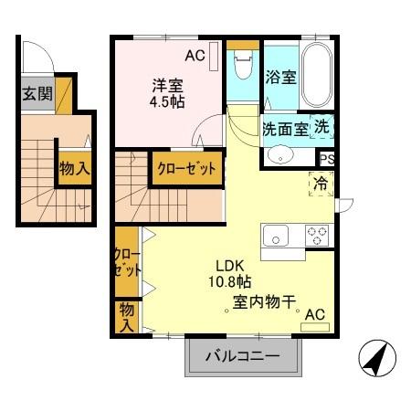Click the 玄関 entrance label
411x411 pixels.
click(37, 94)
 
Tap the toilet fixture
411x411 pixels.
click(243, 66)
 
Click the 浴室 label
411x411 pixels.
click(280, 78)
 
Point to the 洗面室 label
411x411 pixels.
click(285, 129)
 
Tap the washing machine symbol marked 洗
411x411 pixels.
click(323, 127)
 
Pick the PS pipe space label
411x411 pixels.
click(327, 158)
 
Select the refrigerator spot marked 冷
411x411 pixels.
click(322, 183)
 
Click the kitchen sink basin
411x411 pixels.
click(278, 237)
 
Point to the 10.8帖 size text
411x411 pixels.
click(229, 282)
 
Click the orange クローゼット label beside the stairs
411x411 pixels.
click(186, 169)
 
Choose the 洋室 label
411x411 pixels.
click(167, 84)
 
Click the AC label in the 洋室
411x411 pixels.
click(195, 56)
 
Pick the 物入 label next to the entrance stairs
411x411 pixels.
click(73, 168)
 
